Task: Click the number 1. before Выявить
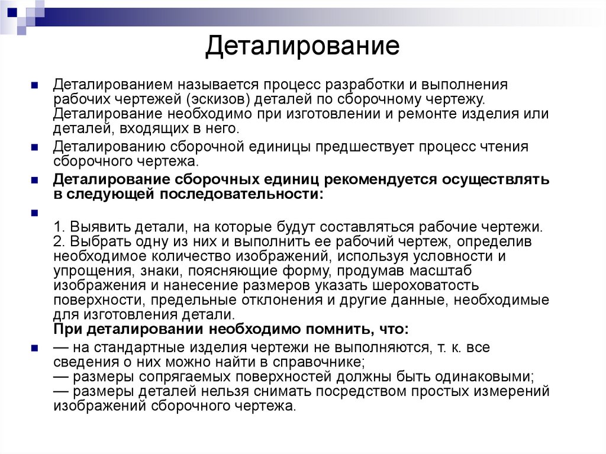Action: (x=59, y=227)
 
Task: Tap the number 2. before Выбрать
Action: (x=59, y=242)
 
